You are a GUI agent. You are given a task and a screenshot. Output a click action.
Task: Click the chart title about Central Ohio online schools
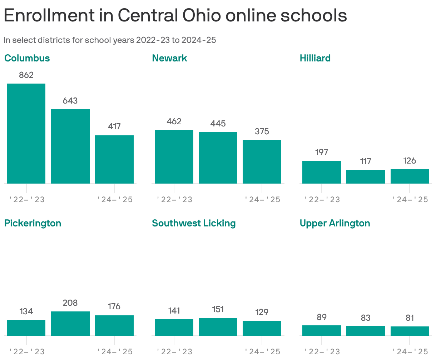(175, 16)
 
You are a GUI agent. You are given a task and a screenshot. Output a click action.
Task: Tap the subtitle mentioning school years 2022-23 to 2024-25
(110, 40)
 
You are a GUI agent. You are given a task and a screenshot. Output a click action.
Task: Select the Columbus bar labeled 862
(26, 134)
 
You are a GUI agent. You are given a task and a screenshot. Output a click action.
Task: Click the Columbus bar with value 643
(70, 146)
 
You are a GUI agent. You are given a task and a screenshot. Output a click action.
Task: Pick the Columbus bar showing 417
(114, 159)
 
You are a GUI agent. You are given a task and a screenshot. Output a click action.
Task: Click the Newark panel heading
(169, 58)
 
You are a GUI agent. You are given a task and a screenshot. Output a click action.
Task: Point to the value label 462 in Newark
(174, 121)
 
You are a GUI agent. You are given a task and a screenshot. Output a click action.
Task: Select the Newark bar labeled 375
(262, 162)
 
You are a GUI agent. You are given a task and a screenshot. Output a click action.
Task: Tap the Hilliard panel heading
(315, 58)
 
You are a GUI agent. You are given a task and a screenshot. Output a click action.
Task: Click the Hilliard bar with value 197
(322, 172)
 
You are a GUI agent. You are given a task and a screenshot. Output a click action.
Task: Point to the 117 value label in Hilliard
(366, 161)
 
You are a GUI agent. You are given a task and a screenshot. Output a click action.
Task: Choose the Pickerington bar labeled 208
(70, 324)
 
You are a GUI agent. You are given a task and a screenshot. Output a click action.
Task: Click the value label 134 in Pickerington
(26, 311)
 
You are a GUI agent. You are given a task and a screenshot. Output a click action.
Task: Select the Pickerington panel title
(33, 223)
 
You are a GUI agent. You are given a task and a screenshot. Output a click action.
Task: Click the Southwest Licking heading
(194, 223)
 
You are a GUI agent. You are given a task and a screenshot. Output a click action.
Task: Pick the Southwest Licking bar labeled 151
(218, 327)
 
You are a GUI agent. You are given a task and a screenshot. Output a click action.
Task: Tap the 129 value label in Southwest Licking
(262, 312)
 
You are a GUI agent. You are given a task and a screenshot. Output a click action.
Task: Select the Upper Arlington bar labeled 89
(322, 330)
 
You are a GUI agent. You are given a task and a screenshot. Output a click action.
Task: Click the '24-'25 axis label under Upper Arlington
(410, 351)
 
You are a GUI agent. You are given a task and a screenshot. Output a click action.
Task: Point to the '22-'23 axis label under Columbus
(26, 199)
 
